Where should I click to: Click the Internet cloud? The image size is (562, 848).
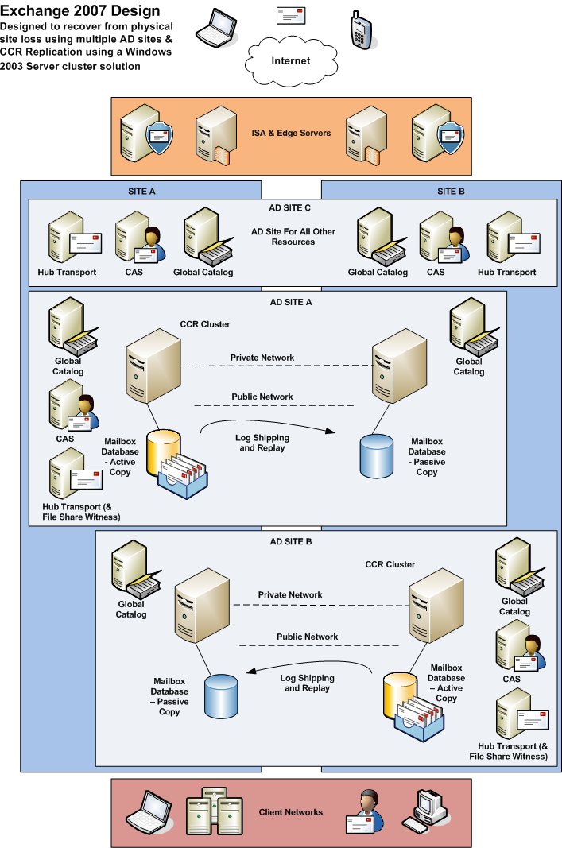[291, 60]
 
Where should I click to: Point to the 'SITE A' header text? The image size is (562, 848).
[141, 190]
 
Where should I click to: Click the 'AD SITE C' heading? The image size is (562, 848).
[291, 207]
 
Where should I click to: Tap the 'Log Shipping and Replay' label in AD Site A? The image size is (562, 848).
[262, 443]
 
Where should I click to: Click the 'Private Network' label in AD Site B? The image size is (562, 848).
[290, 594]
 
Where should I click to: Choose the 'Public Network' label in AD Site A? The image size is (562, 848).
[262, 397]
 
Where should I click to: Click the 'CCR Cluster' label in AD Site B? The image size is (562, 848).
[390, 564]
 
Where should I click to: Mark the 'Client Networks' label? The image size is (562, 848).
[291, 812]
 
